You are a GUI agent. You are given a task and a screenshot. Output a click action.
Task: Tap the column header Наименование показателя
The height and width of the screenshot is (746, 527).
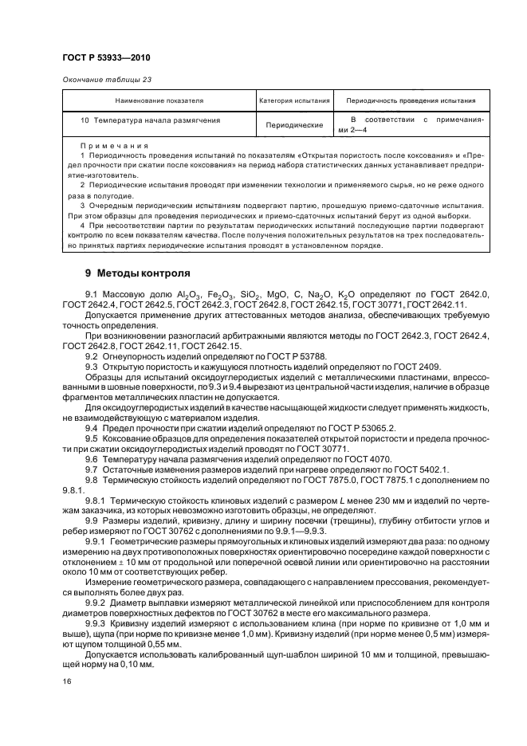point(159,101)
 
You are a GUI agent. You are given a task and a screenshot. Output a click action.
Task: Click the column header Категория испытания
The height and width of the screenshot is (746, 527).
point(294,101)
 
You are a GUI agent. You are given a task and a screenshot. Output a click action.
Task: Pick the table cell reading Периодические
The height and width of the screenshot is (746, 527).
point(294,125)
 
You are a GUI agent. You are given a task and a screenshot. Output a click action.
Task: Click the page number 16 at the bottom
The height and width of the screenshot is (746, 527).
point(65,679)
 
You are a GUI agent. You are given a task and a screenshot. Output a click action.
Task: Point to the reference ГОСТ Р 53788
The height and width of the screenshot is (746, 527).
point(297,355)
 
